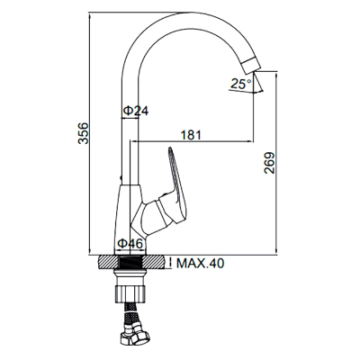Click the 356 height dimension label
[x=84, y=133]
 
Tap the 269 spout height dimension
[x=269, y=163]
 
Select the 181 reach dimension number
[x=191, y=135]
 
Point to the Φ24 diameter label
[x=136, y=111]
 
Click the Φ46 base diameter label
[x=130, y=244]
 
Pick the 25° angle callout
[x=240, y=84]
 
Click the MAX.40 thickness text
[x=200, y=264]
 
